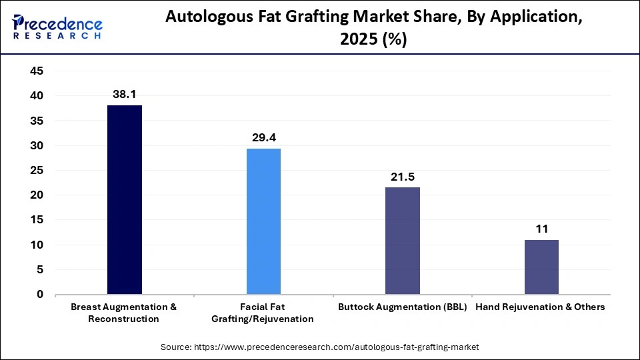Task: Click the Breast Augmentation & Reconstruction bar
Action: (125, 199)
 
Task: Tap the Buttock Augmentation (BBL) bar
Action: (403, 241)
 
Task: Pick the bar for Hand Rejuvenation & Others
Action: (541, 267)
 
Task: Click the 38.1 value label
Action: (125, 95)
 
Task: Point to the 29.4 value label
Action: (263, 138)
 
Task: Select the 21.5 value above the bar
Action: (403, 177)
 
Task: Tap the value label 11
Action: (541, 229)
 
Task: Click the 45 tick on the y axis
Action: (35, 71)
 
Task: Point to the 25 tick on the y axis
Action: (35, 171)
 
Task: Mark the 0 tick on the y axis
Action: (39, 295)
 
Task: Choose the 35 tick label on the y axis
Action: (35, 121)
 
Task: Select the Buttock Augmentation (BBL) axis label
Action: (403, 307)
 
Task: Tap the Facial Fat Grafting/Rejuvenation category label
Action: (263, 313)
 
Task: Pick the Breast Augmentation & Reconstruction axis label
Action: (124, 313)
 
